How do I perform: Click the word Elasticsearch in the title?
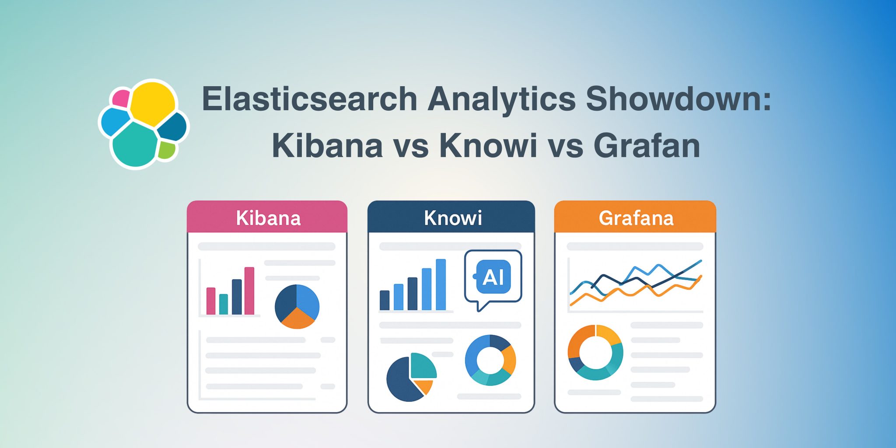click(309, 99)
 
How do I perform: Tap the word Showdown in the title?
click(678, 99)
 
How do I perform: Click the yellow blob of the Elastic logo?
click(152, 104)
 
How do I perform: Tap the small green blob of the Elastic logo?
click(166, 150)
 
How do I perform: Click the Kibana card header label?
click(268, 218)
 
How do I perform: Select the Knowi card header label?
click(453, 218)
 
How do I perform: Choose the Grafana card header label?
click(636, 218)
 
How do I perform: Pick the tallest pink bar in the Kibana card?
click(249, 290)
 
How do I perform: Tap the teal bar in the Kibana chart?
click(224, 304)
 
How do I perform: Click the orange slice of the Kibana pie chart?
click(297, 318)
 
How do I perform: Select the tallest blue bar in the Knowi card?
click(441, 284)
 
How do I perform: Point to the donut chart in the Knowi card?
click(490, 360)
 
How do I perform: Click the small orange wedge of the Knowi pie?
click(424, 386)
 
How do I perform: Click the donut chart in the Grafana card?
click(595, 352)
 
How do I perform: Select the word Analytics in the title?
click(501, 99)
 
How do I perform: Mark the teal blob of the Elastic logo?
click(135, 144)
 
